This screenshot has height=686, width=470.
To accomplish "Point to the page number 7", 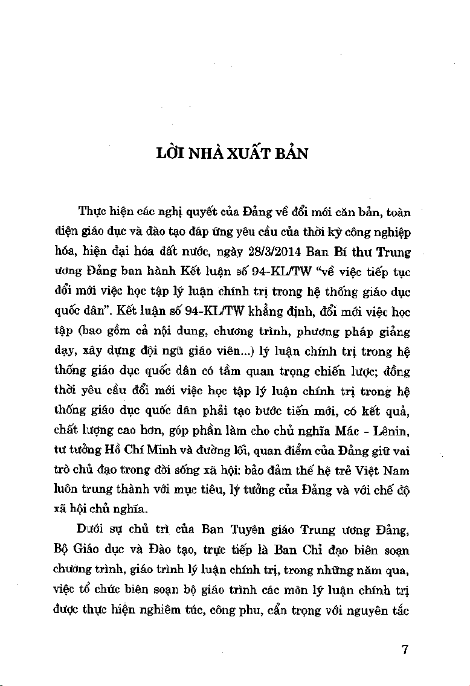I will tap(405, 650).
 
